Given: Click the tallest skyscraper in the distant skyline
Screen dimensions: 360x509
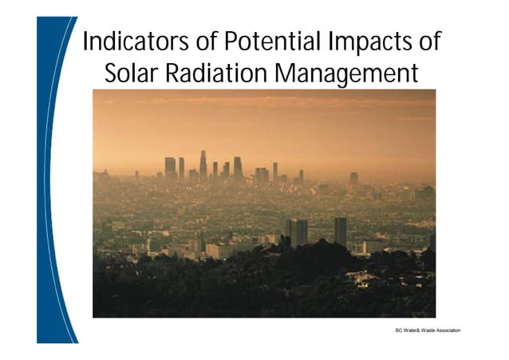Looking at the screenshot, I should point(203,165).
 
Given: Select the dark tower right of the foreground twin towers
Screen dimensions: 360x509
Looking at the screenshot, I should point(341,231).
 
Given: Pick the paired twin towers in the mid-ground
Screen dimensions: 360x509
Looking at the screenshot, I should point(296,232).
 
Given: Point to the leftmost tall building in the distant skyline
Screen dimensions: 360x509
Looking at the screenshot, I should point(170,168).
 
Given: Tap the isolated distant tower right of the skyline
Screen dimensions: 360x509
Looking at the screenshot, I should point(353,178).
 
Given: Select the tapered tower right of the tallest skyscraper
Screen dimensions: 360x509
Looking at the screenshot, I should point(237,168).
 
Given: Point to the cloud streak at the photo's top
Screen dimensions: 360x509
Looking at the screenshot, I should point(263,102).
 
